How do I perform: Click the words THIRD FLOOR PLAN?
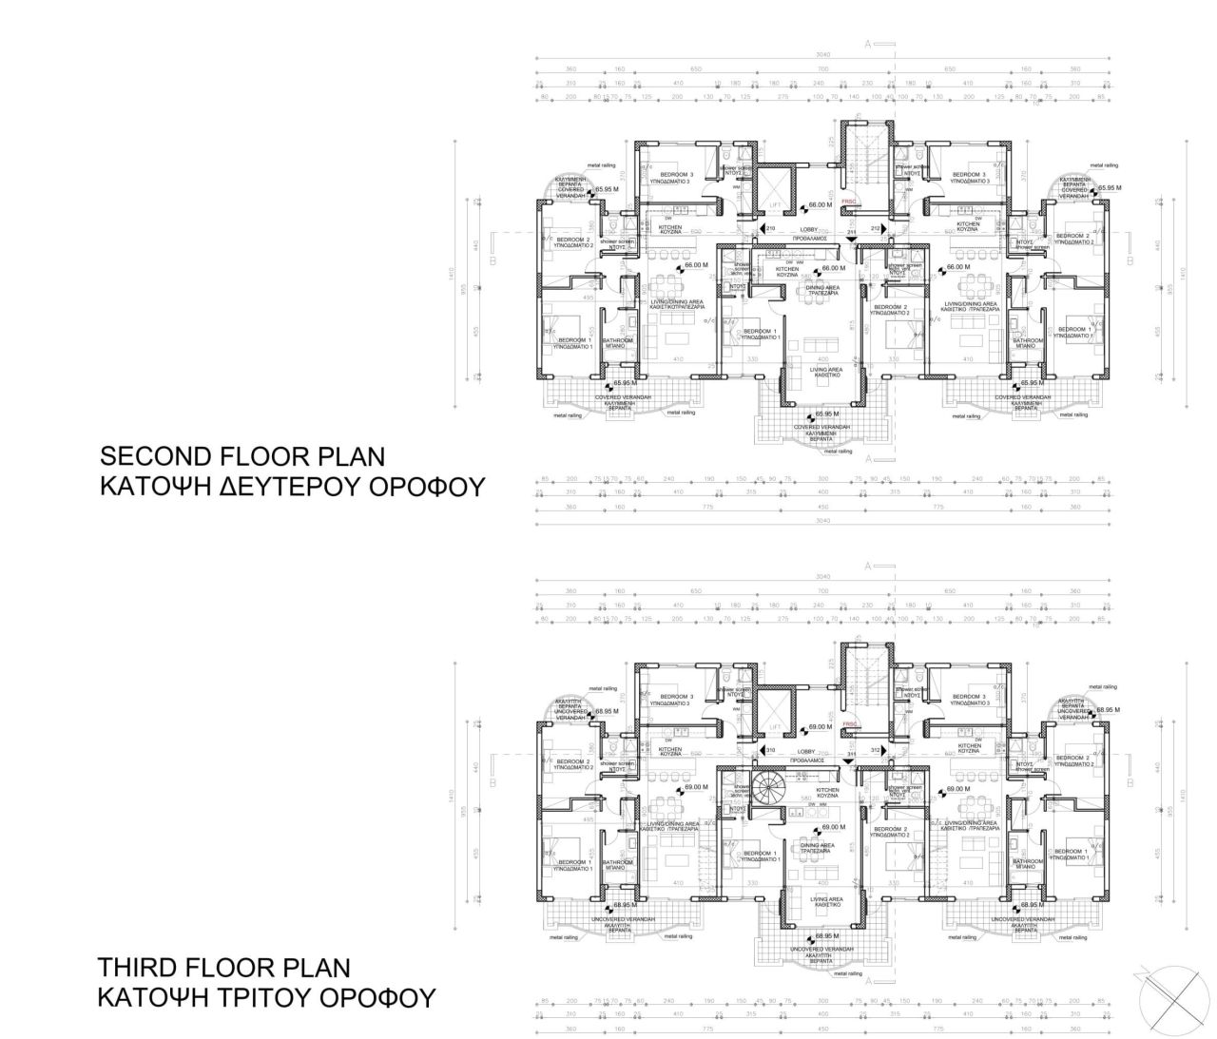tap(223, 968)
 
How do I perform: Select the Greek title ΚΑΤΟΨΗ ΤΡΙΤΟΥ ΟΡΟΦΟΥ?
tap(267, 999)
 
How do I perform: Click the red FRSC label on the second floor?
tap(849, 202)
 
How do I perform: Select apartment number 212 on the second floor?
tap(876, 229)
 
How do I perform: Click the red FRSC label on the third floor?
tap(849, 723)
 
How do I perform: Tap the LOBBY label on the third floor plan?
tap(808, 752)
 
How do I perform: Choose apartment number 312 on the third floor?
tap(876, 751)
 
